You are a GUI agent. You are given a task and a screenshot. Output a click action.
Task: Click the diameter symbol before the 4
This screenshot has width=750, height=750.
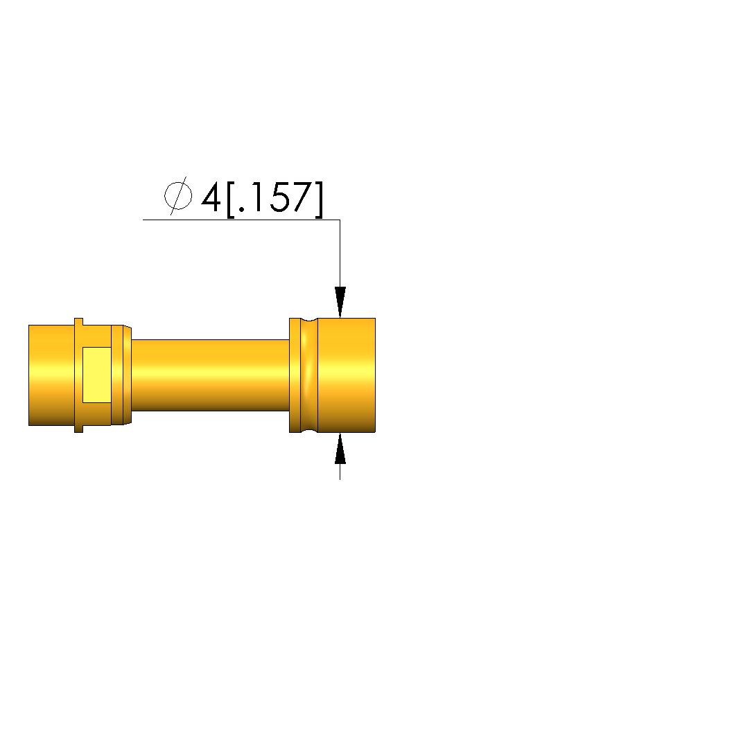(x=178, y=195)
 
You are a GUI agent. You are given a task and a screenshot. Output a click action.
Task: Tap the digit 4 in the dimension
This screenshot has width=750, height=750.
(x=211, y=197)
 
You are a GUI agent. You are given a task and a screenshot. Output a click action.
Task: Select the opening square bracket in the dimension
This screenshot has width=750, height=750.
(x=231, y=199)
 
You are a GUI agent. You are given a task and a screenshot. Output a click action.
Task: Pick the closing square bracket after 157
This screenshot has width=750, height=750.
(x=320, y=199)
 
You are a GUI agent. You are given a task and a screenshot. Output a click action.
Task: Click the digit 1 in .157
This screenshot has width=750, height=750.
(x=256, y=197)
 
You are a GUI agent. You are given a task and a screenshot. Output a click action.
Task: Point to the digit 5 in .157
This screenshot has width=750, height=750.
(x=279, y=197)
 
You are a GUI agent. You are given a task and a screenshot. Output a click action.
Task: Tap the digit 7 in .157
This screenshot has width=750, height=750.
(x=302, y=197)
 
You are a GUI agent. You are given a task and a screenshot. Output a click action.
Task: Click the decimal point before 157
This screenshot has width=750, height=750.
(x=242, y=209)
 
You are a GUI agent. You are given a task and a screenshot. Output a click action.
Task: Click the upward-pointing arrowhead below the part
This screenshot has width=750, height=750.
(x=340, y=448)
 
